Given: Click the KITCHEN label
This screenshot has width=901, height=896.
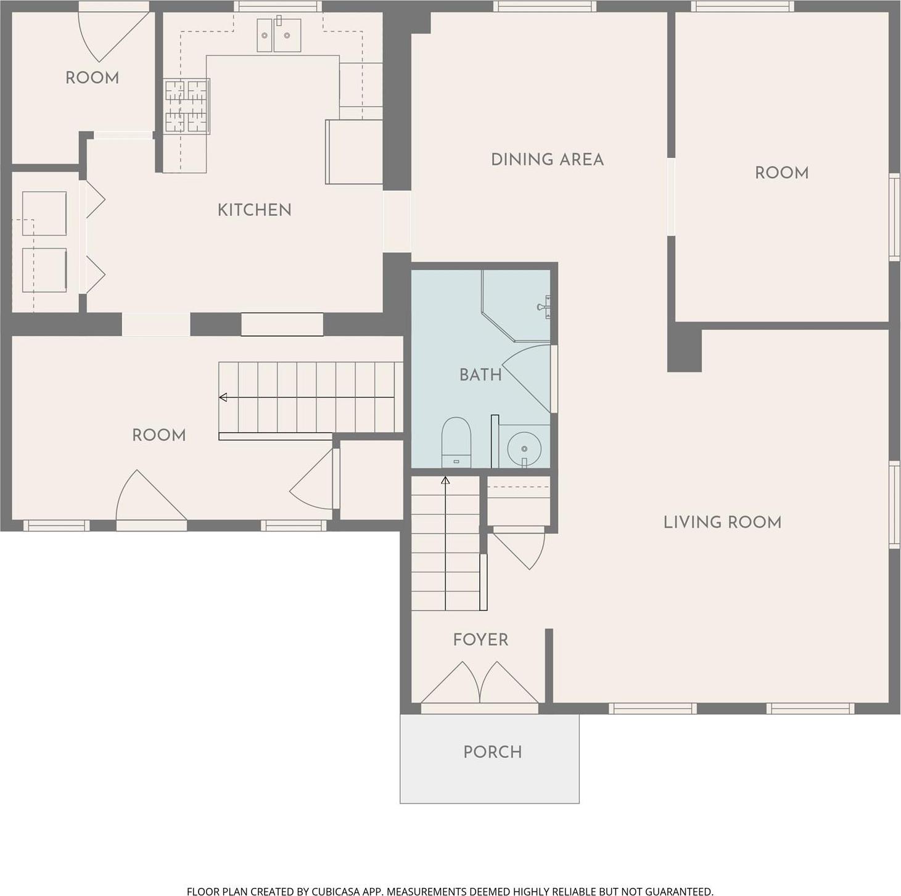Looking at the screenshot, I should [x=254, y=210].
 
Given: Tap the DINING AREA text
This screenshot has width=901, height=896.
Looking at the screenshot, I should [x=547, y=160].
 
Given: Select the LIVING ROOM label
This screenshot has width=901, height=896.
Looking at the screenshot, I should [x=722, y=522].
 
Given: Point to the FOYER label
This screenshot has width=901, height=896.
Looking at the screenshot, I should [x=480, y=639].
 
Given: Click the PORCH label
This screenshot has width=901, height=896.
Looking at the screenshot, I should [x=492, y=752].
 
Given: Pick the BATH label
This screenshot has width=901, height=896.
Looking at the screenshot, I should [x=480, y=374].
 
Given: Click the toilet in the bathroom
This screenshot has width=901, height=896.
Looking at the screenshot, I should [x=456, y=442].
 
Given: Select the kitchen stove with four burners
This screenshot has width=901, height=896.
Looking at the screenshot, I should [x=186, y=106].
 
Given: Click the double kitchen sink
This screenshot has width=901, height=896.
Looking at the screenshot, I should [x=279, y=35].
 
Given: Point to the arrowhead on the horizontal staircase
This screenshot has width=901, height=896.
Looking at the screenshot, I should [x=223, y=397].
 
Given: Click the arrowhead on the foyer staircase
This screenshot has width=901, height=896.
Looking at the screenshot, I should [x=445, y=480].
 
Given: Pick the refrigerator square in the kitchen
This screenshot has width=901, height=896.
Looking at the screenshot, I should [x=353, y=152].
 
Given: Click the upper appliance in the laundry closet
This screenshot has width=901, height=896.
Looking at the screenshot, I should [x=44, y=213].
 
